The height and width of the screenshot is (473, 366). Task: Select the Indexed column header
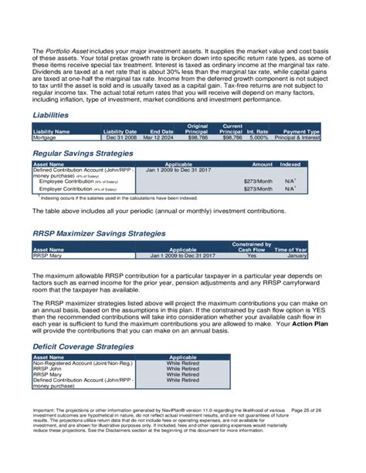coord(290,164)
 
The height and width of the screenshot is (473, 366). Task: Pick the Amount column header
coord(263,164)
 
